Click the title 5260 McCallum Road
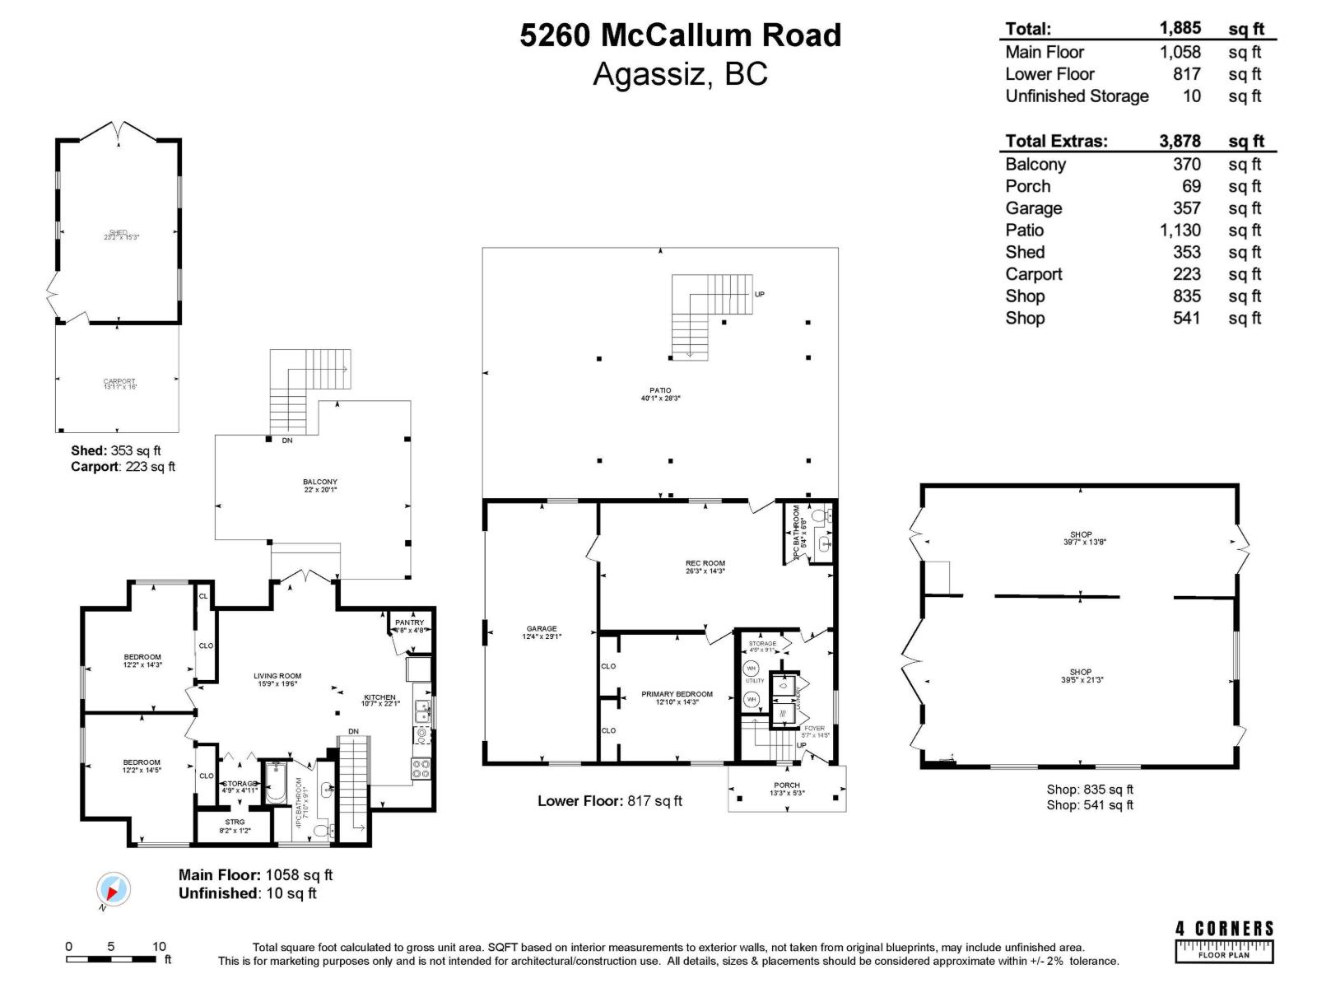click(680, 35)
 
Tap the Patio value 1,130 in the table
click(1180, 231)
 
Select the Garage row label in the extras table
click(1033, 208)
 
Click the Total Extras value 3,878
click(1180, 141)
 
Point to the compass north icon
click(113, 890)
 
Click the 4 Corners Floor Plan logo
click(1224, 941)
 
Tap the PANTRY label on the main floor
click(409, 622)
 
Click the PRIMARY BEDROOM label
click(677, 694)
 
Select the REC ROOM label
click(705, 563)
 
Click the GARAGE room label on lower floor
click(541, 628)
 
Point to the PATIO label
click(659, 390)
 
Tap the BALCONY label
click(319, 482)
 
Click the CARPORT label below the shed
click(119, 381)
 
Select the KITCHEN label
click(379, 697)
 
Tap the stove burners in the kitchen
click(421, 769)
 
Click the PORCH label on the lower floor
click(786, 785)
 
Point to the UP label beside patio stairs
click(759, 294)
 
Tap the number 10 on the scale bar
click(159, 946)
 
